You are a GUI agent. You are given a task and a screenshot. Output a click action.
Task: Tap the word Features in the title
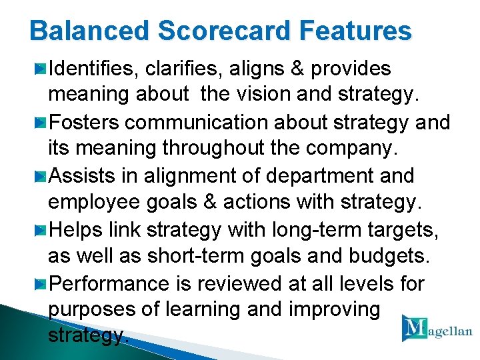[355, 31]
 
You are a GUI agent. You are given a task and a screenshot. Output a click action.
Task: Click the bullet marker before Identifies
[41, 69]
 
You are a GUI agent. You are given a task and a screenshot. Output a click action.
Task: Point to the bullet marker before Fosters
[41, 123]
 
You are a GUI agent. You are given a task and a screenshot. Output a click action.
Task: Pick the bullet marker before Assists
[41, 177]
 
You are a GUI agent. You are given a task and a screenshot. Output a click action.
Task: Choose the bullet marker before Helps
[41, 230]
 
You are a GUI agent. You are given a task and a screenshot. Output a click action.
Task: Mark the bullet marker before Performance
[41, 284]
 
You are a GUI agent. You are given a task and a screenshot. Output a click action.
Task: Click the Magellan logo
[436, 329]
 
